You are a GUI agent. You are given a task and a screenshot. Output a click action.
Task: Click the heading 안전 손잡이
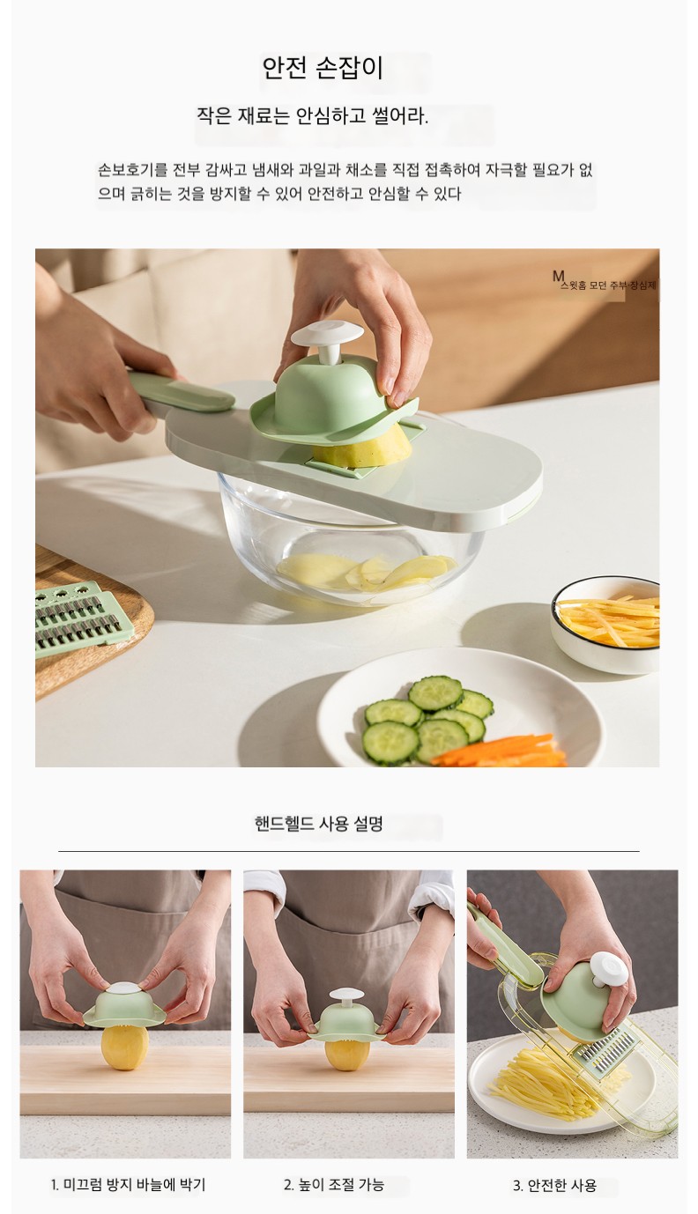coord(323,69)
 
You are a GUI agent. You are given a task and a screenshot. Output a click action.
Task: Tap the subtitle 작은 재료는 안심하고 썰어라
coord(312,116)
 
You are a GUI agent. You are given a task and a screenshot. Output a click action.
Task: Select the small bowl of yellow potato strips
coord(605,625)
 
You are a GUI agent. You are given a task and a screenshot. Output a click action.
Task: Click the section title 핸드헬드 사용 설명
coord(319,824)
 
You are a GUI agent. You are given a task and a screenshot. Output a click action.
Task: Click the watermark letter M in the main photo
coord(558,276)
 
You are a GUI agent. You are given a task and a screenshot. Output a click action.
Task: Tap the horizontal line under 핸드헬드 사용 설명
coord(349,851)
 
